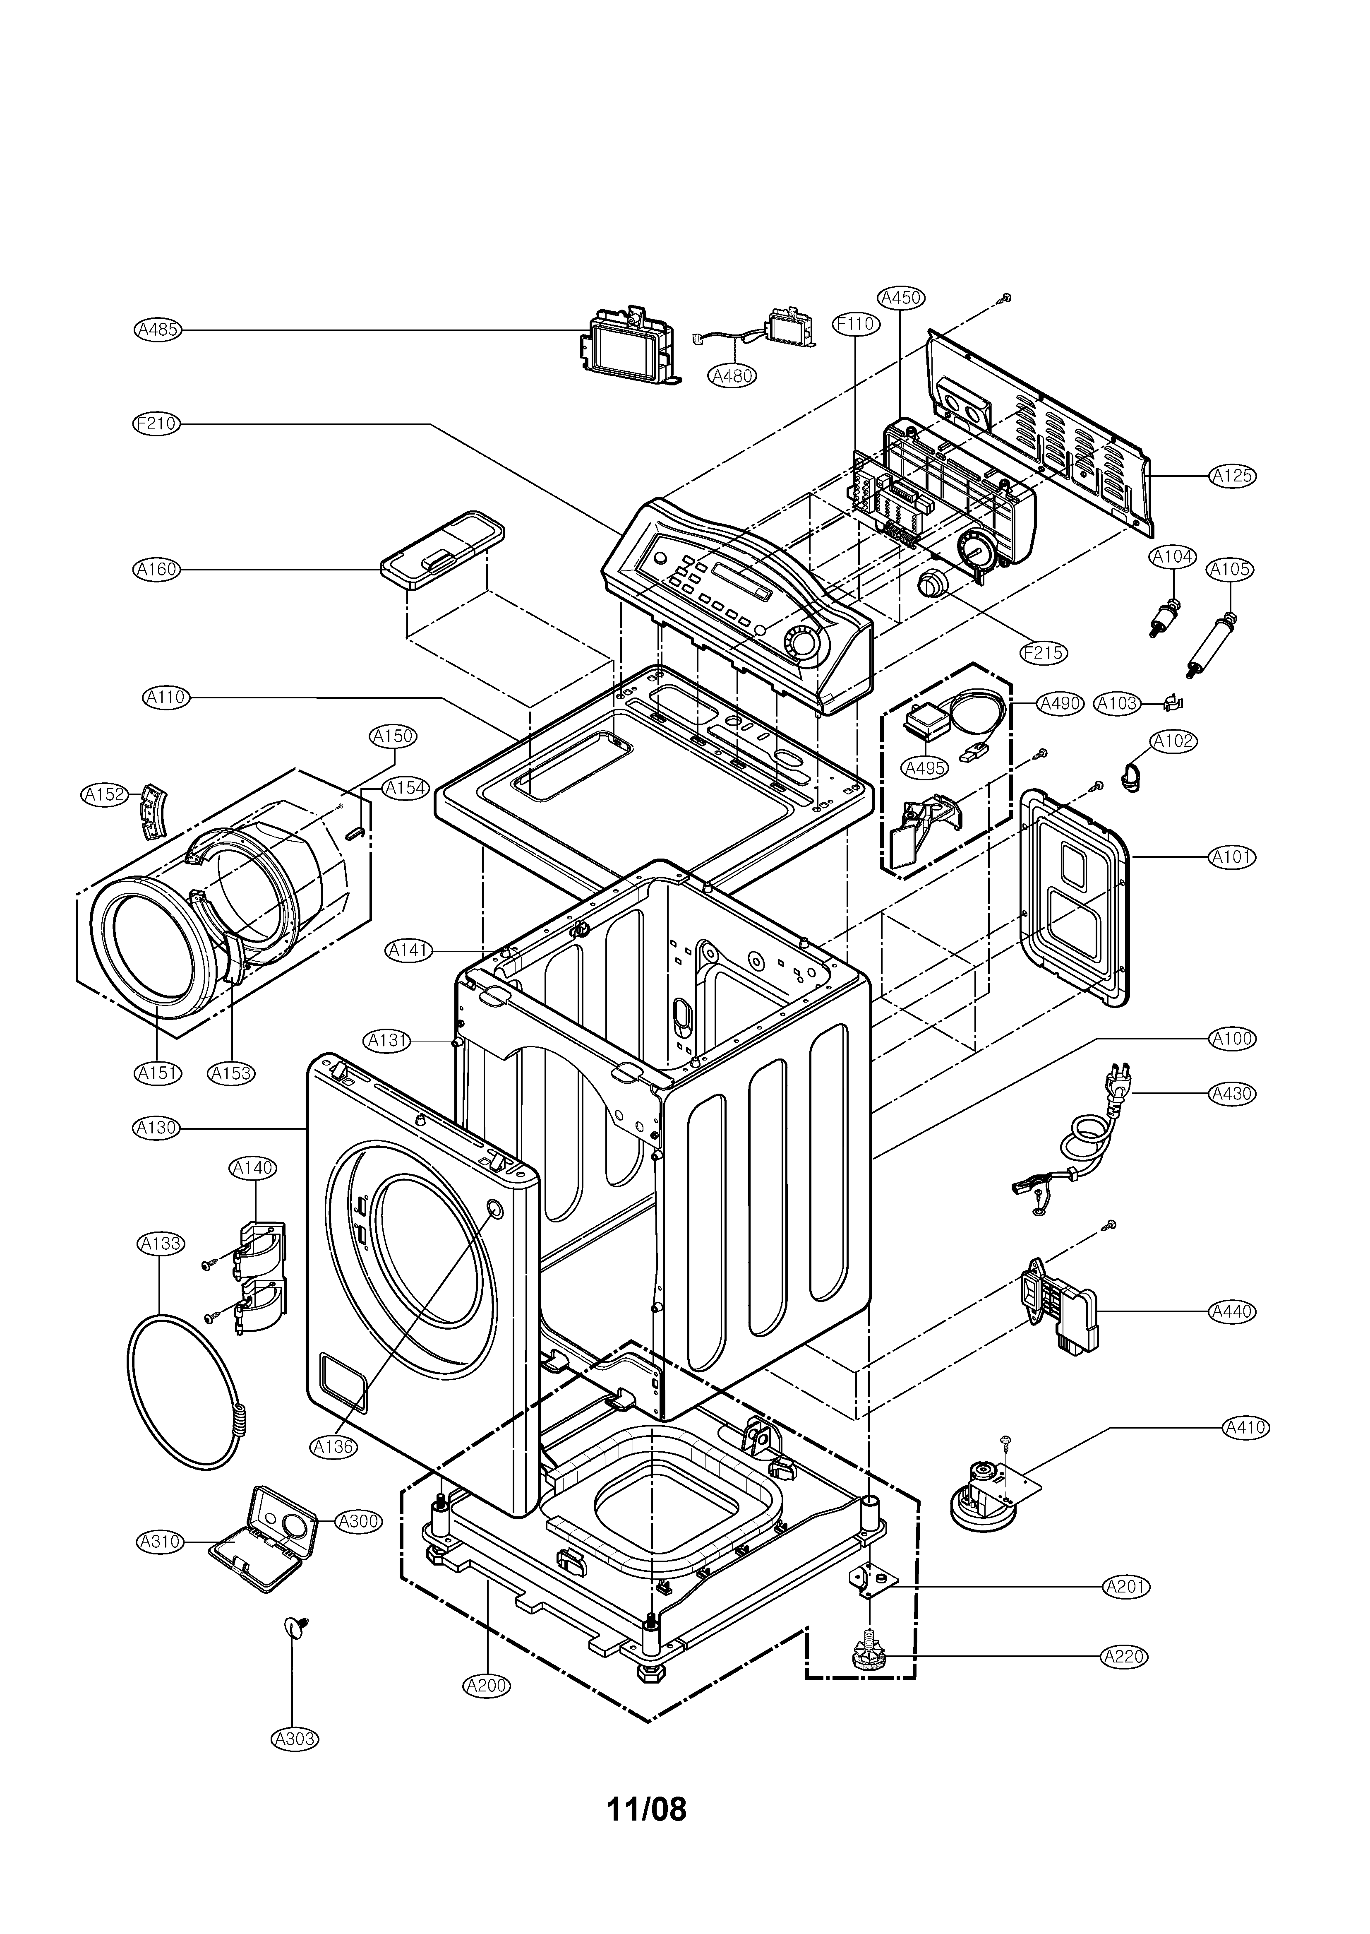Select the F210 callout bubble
point(157,423)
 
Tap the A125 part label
point(1232,476)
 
